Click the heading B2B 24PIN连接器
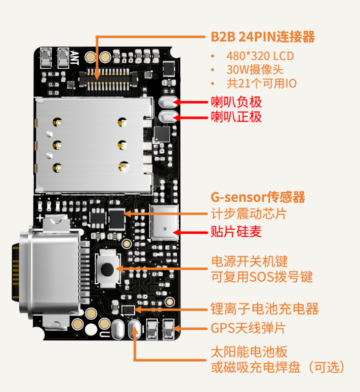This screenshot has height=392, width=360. [x=263, y=37]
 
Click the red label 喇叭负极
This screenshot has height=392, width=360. [x=236, y=102]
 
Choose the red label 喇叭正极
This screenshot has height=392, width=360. [x=236, y=117]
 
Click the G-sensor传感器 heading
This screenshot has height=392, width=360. [x=258, y=197]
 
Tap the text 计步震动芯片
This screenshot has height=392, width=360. [x=248, y=213]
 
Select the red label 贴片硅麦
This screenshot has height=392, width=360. [x=236, y=232]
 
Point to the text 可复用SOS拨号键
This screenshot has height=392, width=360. [x=262, y=277]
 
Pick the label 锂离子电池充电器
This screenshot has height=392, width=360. [x=264, y=309]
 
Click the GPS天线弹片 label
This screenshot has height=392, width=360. [x=248, y=328]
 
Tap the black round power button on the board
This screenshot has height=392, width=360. [x=107, y=268]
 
